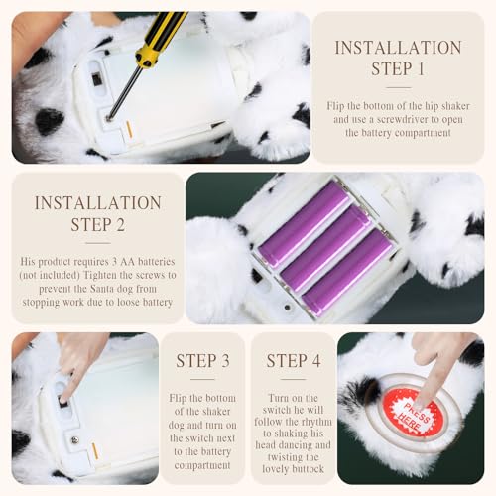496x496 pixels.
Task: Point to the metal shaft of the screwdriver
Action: tap(122, 92)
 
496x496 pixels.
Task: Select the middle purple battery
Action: tap(326, 248)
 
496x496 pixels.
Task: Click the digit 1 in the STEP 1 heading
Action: tap(421, 69)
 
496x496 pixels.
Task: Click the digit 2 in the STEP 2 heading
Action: tap(120, 225)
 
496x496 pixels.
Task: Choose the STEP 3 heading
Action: tap(202, 361)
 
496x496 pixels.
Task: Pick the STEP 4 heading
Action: tap(294, 361)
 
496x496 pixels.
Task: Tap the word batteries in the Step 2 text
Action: tap(157, 262)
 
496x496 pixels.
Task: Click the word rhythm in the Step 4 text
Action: tap(314, 422)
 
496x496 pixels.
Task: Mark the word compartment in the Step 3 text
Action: tap(202, 465)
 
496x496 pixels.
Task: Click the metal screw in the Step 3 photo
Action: tap(75, 440)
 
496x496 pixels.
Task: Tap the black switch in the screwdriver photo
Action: tap(96, 78)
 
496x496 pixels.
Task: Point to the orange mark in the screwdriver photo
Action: tap(130, 129)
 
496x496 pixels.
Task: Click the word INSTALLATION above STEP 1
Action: tap(398, 48)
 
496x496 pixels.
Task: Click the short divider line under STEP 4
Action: tap(294, 379)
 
